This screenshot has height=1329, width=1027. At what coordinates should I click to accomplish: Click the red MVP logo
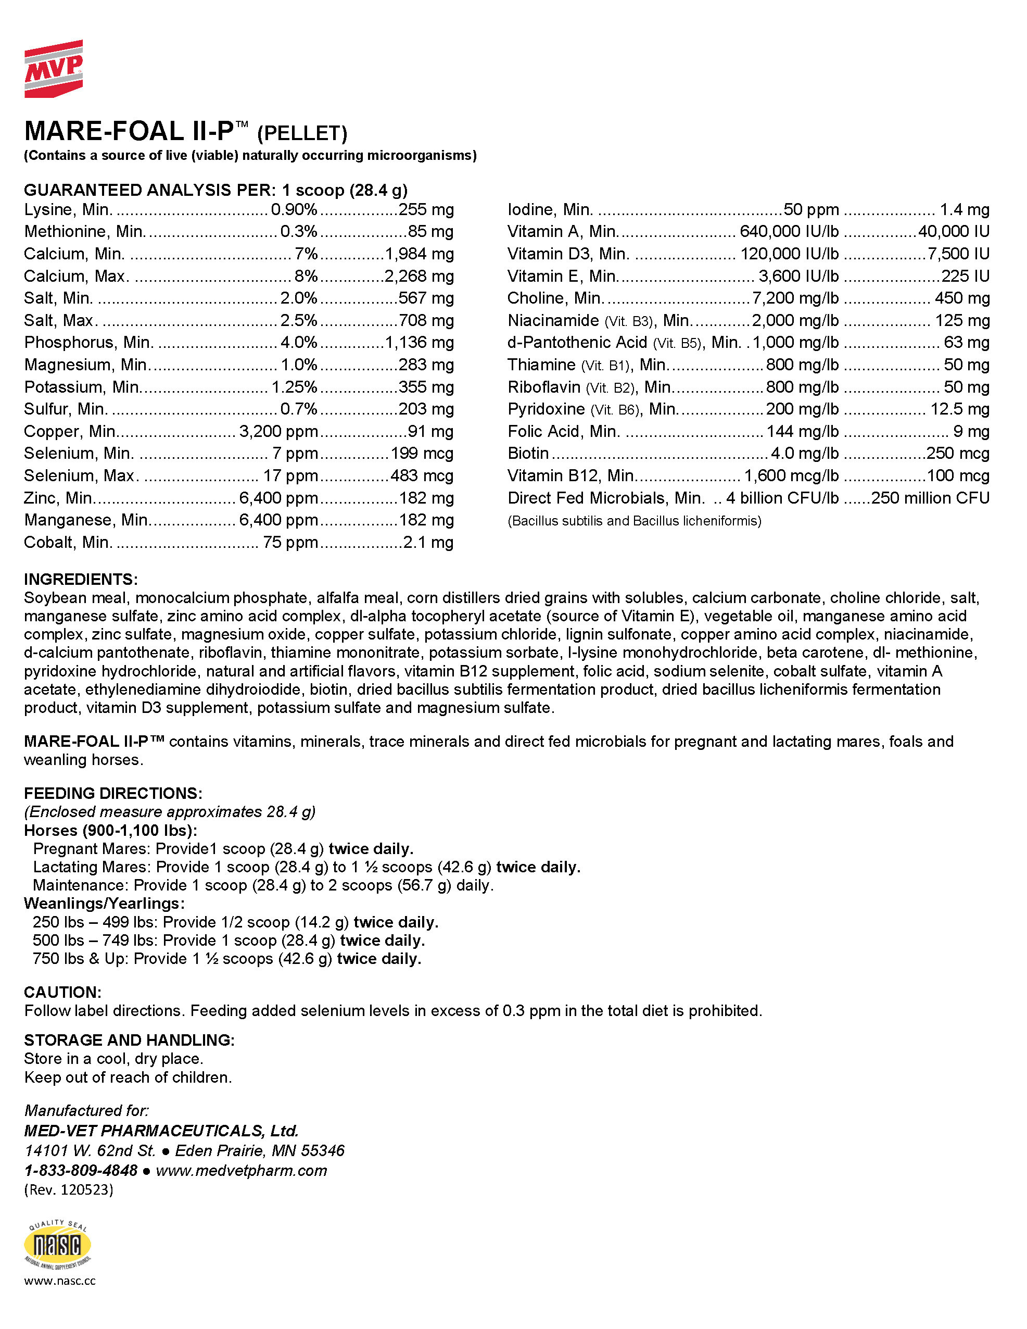(x=54, y=69)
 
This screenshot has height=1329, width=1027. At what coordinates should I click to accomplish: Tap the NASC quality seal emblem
(x=57, y=1245)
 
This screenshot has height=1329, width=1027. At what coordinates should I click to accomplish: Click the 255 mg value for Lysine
(x=426, y=210)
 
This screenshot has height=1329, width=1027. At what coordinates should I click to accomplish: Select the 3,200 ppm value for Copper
(x=278, y=431)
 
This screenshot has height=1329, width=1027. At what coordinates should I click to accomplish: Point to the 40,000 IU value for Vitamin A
(x=954, y=232)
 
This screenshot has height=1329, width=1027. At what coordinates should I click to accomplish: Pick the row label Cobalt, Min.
(x=68, y=542)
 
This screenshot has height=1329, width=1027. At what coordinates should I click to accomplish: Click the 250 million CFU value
(x=930, y=498)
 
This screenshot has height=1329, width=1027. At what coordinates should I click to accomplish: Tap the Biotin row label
(x=528, y=454)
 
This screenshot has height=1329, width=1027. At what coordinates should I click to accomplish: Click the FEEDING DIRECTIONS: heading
(x=113, y=794)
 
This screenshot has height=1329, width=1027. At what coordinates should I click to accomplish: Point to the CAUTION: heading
(x=62, y=993)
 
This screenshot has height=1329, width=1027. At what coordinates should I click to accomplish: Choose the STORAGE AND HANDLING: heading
(x=129, y=1040)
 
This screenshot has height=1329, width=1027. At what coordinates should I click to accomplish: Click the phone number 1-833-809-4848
(x=81, y=1170)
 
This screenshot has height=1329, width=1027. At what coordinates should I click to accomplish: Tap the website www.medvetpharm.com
(x=242, y=1170)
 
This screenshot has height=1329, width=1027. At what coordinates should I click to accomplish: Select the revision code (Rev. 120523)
(x=69, y=1189)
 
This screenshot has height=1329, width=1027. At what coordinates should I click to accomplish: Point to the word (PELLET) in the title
(x=302, y=133)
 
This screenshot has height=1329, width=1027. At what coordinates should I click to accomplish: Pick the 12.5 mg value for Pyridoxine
(x=959, y=409)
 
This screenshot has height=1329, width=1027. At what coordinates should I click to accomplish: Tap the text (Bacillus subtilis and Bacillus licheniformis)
(x=634, y=521)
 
